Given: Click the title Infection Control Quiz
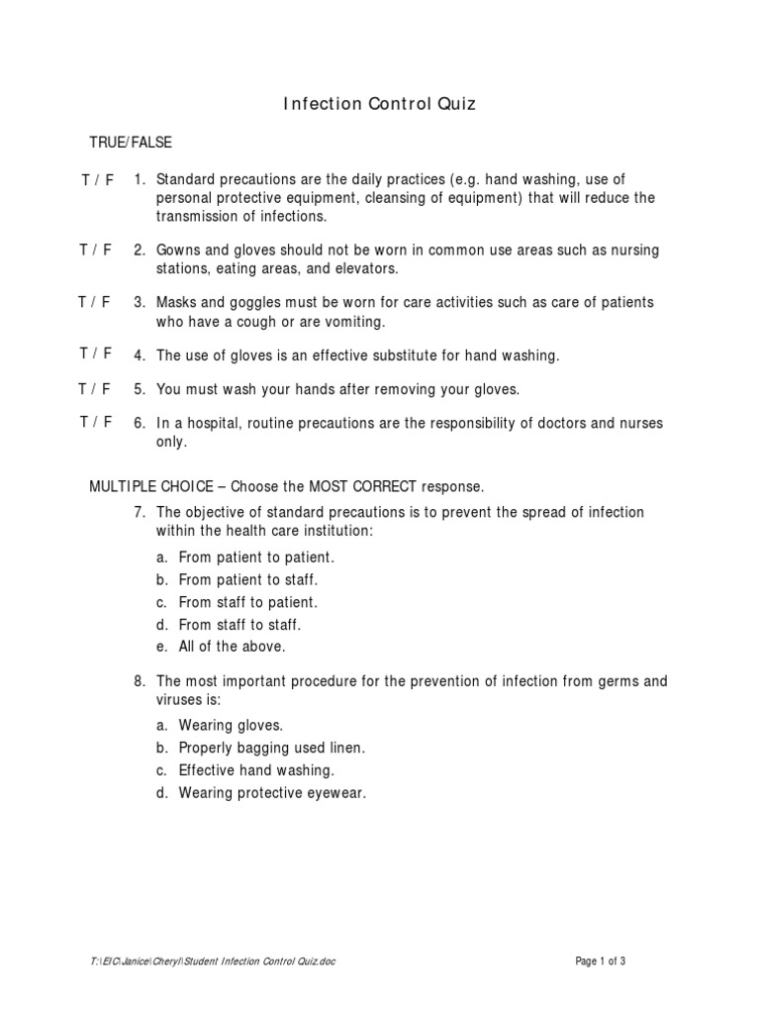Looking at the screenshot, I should coord(380,104).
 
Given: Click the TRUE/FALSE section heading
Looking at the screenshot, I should coord(131,143).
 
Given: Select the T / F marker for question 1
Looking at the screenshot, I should coord(97,180).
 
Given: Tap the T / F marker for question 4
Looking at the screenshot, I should coord(96,354).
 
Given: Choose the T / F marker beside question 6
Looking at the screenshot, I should coord(96,423).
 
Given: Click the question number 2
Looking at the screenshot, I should coord(140,250).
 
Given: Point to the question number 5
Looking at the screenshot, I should coord(140,389).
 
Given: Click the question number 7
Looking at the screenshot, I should coord(140,512).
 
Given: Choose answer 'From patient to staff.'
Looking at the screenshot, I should coord(248,580).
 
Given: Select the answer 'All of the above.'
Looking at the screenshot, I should coord(232,647).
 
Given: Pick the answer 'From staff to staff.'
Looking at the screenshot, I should coord(239,625).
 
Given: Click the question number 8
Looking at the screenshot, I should coord(140,681).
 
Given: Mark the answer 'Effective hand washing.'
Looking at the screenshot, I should coord(256,770).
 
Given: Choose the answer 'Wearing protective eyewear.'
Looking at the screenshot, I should coord(272,793).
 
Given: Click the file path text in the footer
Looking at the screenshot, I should coord(212,962).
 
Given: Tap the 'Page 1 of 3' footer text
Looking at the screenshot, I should coord(601,962).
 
